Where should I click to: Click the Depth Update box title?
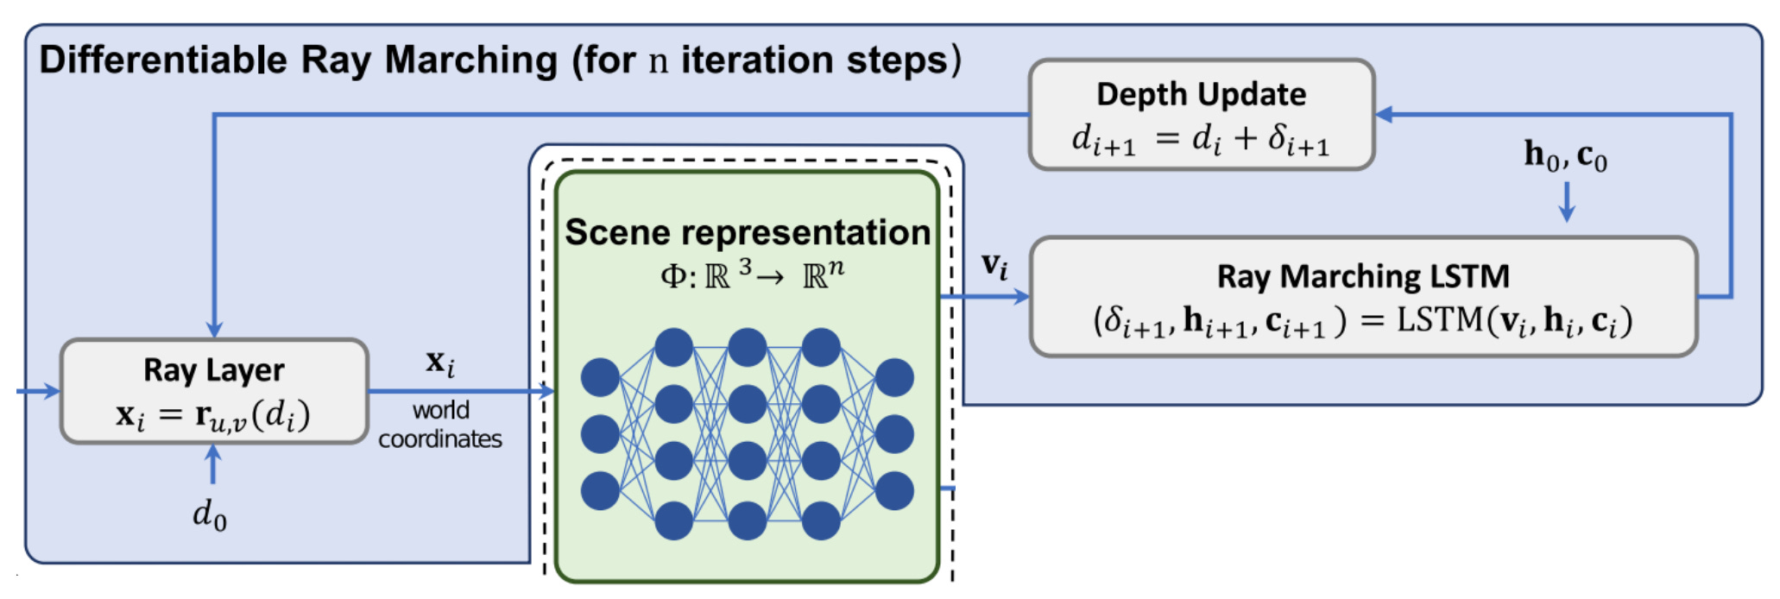click(1201, 94)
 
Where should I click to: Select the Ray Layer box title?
click(213, 370)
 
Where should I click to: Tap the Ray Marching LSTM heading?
click(1363, 276)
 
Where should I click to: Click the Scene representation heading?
click(748, 233)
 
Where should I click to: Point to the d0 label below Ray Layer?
click(209, 515)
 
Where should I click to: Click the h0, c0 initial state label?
click(1565, 156)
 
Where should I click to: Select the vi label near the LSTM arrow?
click(994, 265)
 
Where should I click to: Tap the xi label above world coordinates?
click(440, 363)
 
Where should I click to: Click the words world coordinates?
click(440, 425)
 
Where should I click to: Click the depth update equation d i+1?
click(1200, 138)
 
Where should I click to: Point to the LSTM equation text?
click(1363, 321)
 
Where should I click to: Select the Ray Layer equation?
click(213, 415)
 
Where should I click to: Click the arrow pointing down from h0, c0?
click(1567, 204)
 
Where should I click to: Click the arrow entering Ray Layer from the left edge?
click(39, 391)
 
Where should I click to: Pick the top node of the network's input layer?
click(600, 378)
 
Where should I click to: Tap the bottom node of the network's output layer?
click(894, 490)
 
